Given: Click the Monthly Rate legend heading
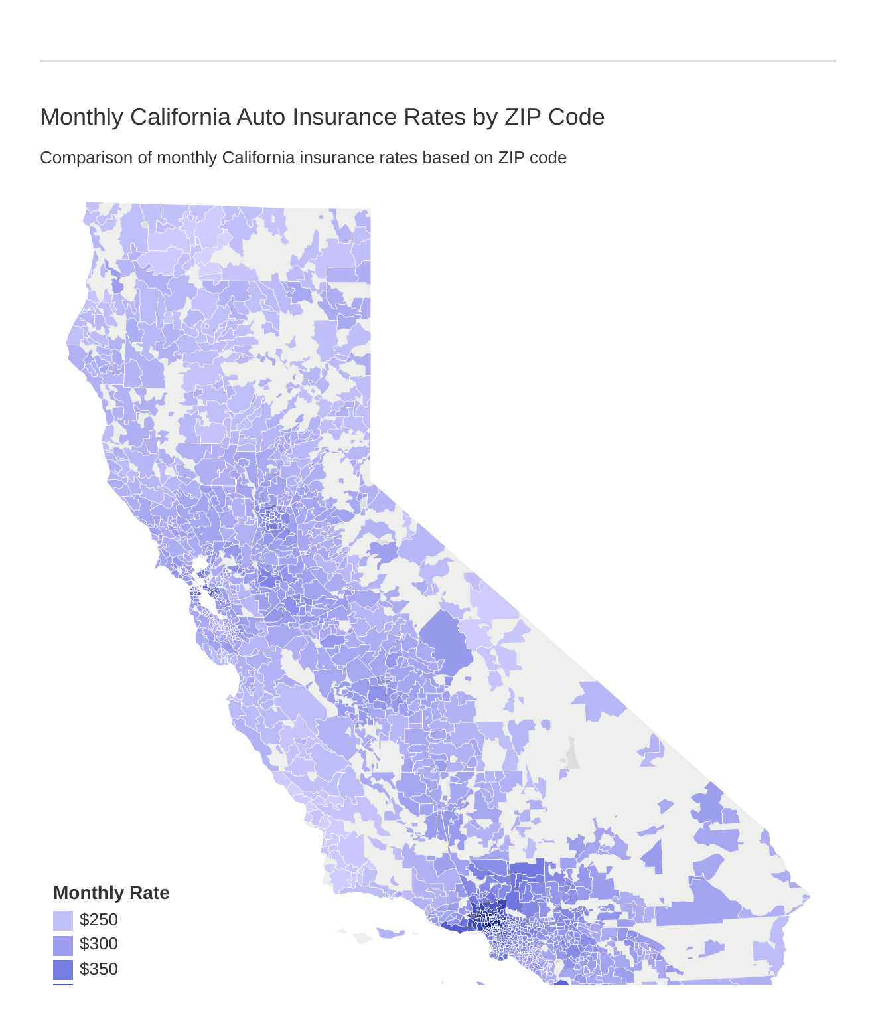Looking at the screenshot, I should pos(111,893).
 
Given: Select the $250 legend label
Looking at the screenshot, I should pos(98,920).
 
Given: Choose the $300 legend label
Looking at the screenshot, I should pos(98,944).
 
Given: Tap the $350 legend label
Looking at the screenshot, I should pos(98,969).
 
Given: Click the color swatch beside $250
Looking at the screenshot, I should pos(63,921).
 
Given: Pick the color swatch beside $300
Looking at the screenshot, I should pos(63,945).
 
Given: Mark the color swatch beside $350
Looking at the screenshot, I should pos(63,970).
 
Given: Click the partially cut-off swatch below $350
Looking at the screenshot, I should pos(63,984).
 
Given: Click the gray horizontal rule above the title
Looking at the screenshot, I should pos(438,61).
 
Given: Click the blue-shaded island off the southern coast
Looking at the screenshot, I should pos(391,933).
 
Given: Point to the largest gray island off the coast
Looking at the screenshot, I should pos(362,937).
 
